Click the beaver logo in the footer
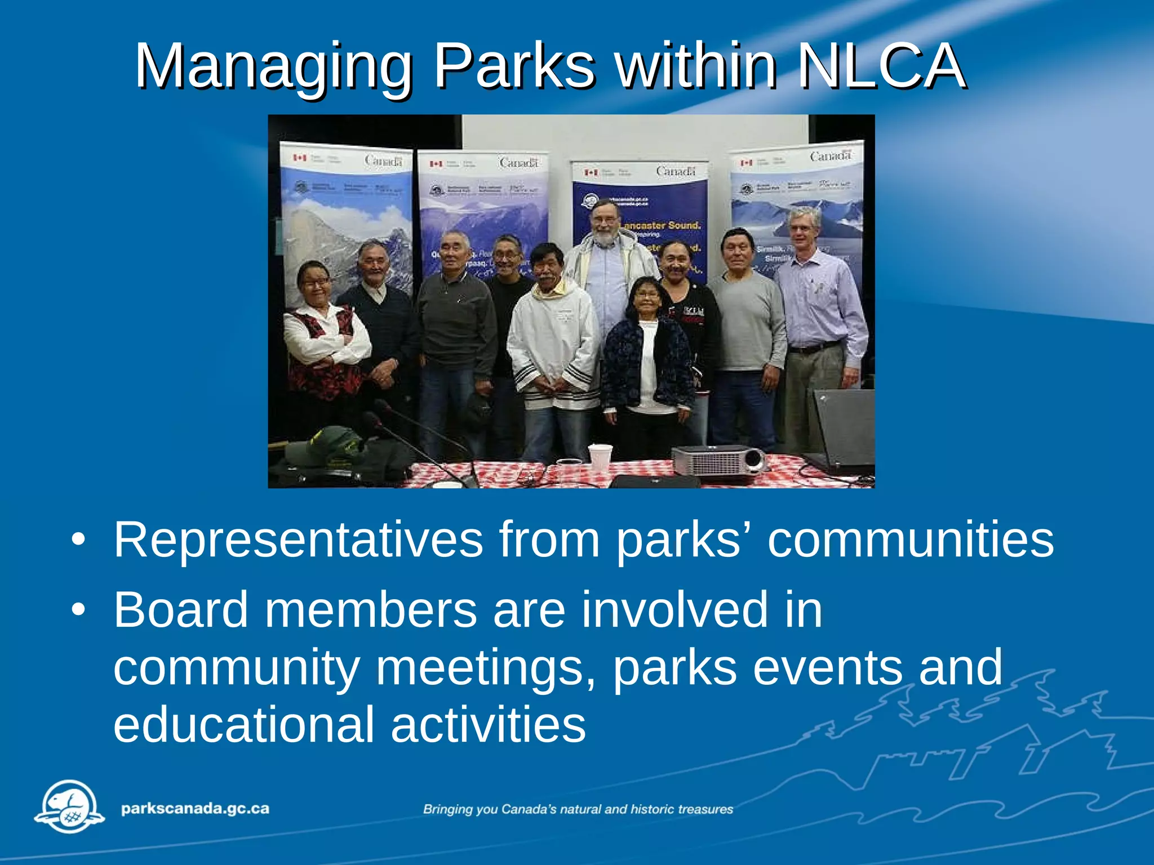click(x=69, y=806)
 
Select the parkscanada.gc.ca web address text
click(x=195, y=809)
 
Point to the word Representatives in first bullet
click(x=298, y=539)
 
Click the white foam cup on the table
click(x=600, y=457)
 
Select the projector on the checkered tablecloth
click(x=718, y=461)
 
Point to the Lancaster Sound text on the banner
click(x=660, y=225)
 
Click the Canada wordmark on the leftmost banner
click(x=383, y=161)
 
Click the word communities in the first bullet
click(x=910, y=539)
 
